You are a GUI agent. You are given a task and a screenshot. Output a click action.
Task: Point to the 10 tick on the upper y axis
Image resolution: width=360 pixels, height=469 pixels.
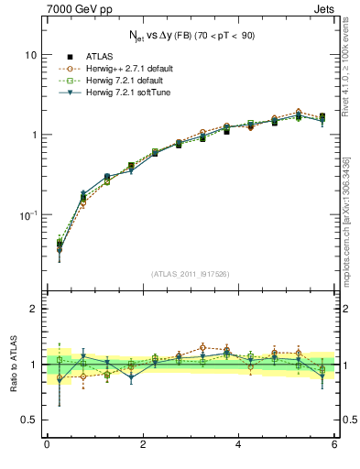[x=31, y=55]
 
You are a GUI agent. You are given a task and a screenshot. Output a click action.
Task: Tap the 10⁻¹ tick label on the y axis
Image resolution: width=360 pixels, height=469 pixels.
[x=28, y=214]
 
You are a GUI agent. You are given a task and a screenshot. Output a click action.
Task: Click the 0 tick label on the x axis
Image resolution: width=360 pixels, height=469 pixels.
[x=47, y=445]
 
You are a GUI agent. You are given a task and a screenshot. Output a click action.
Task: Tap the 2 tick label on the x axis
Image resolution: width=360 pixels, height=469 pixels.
[x=143, y=445]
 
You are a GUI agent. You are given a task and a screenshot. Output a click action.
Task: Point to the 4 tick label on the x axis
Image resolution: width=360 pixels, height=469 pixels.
[x=239, y=445]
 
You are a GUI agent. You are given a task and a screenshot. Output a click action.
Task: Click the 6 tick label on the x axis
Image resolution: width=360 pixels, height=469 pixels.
[x=334, y=445]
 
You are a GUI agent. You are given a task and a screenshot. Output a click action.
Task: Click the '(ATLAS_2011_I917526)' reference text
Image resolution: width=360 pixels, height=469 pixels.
[x=191, y=273]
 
